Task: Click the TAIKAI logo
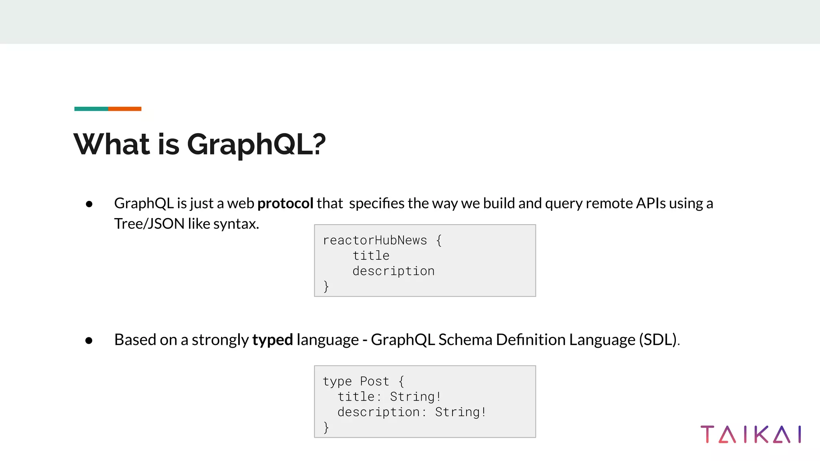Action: point(751,435)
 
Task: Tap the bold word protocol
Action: point(285,203)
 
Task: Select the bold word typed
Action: point(272,340)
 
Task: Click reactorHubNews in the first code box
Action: point(375,241)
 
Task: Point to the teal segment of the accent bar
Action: point(91,109)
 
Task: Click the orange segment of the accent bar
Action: point(125,109)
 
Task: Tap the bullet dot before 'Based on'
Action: point(89,341)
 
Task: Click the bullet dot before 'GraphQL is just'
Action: point(89,204)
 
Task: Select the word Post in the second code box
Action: point(374,381)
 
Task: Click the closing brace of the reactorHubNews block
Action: point(326,286)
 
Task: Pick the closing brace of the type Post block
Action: point(326,427)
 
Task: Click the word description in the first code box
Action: point(393,271)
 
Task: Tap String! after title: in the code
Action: point(415,397)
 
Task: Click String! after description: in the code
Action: point(460,412)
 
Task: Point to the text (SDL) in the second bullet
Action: point(657,340)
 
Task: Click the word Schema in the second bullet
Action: point(465,340)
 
